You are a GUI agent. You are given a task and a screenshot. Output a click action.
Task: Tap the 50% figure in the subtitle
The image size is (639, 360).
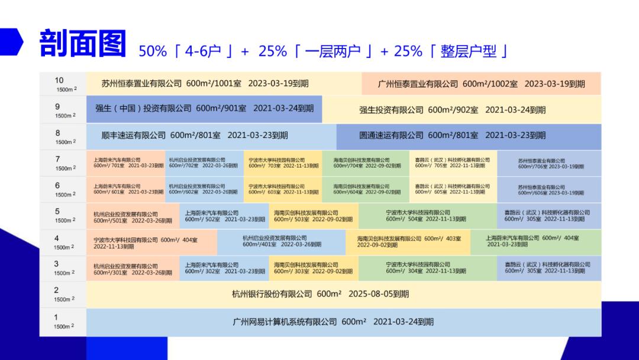tap(153, 52)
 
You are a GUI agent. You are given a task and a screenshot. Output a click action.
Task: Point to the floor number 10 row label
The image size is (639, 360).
tap(59, 81)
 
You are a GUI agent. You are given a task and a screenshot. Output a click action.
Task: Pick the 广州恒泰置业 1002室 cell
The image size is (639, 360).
tap(481, 84)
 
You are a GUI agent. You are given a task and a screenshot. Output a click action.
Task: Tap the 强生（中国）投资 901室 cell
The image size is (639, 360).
tap(204, 109)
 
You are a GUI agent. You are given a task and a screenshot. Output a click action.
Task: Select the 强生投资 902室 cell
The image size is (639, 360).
tap(452, 110)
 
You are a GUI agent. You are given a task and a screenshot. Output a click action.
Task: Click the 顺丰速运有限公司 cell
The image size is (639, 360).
tap(195, 136)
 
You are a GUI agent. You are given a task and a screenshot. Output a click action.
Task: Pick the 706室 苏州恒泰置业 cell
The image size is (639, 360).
tap(550, 163)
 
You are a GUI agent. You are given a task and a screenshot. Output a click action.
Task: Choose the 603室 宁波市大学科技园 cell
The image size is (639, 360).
tap(283, 189)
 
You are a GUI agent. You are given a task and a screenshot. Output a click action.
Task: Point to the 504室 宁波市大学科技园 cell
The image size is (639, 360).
tap(426, 216)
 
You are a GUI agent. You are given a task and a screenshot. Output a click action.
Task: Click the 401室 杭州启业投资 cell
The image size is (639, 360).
tap(282, 242)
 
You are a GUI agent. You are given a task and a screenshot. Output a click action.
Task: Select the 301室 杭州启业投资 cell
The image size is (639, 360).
tap(133, 268)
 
